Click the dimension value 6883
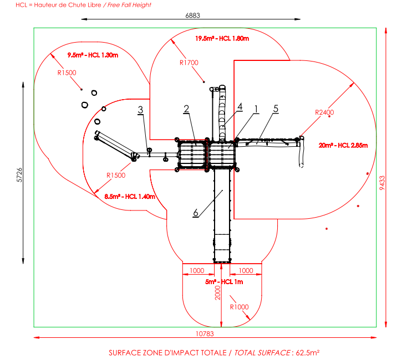[192, 16]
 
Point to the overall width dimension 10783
[205, 333]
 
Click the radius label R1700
[189, 63]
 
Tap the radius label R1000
[240, 306]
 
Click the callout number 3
[141, 110]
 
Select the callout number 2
[187, 109]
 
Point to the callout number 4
[240, 105]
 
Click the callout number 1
[256, 108]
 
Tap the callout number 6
[196, 213]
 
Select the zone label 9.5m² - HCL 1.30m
[93, 55]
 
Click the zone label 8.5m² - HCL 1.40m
[130, 196]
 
